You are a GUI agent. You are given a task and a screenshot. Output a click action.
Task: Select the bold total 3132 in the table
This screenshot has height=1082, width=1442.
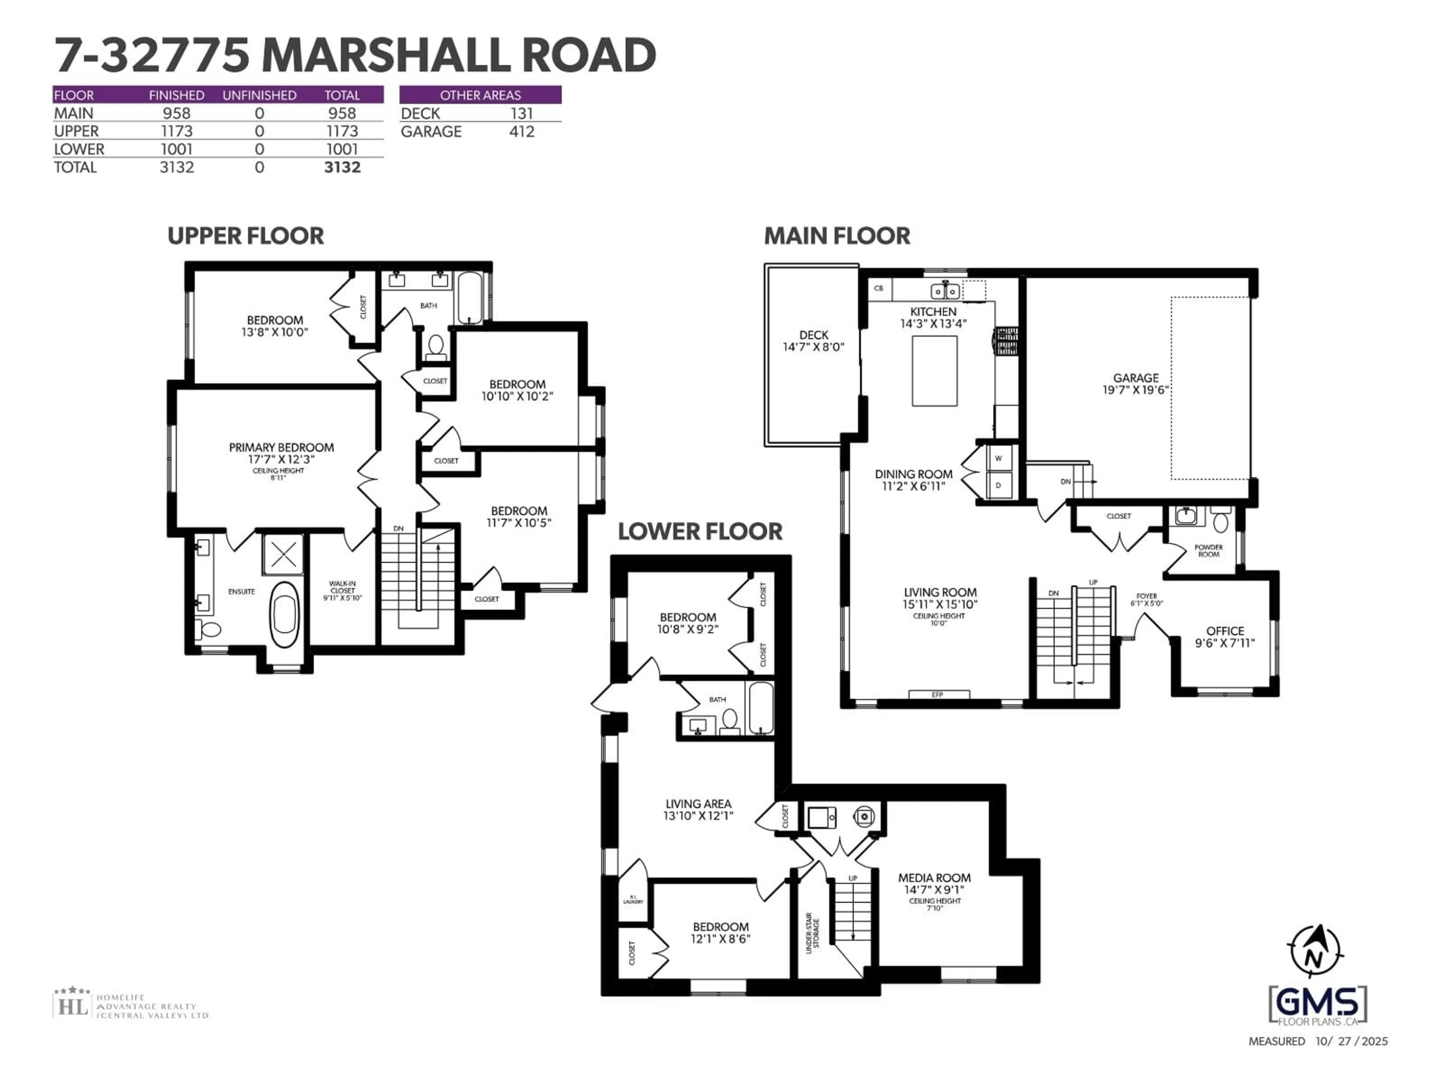342,168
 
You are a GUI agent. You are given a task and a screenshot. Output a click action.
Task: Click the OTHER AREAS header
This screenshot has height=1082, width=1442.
480,95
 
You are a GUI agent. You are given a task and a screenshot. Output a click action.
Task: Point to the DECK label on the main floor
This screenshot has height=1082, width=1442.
814,335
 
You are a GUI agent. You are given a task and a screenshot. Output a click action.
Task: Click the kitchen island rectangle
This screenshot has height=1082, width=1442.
934,371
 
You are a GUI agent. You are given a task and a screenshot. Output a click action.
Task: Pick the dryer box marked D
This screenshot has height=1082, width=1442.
998,486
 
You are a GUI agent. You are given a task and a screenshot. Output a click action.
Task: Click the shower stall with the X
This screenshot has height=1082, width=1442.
283,555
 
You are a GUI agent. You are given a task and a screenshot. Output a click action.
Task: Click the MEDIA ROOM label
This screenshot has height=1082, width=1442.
934,878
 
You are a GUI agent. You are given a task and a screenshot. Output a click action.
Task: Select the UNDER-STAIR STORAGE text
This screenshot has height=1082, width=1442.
812,932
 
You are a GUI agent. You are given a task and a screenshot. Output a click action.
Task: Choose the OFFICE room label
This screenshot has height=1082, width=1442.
1225,631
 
